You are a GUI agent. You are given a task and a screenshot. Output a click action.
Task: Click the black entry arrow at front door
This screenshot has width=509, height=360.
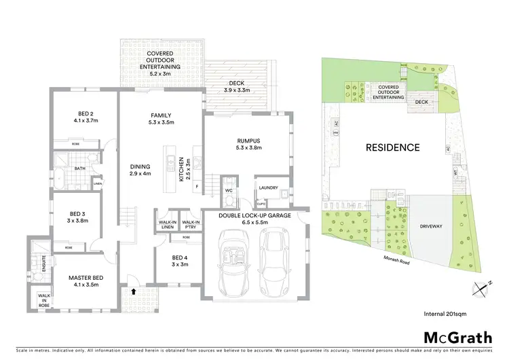click(x=133, y=291)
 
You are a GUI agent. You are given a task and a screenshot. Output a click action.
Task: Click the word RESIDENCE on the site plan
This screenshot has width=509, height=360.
click(x=393, y=147)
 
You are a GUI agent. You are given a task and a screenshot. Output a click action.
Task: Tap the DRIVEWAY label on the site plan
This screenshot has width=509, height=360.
click(x=430, y=226)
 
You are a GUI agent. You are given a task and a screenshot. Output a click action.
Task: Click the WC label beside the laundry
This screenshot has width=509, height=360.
click(x=229, y=191)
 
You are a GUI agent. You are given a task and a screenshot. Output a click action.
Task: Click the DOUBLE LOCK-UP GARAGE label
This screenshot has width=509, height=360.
click(x=255, y=219)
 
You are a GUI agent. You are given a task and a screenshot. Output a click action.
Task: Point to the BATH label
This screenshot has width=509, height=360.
click(x=80, y=168)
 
